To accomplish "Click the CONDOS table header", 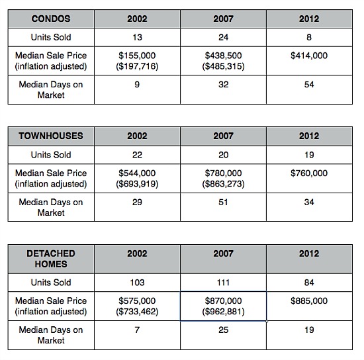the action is pos(51,19).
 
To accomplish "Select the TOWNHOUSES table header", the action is pos(51,136).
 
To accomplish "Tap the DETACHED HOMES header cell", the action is pos(51,259).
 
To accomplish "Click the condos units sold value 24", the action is pos(223,37).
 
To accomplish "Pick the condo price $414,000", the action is pos(309,56).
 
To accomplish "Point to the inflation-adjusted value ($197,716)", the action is pos(137,66).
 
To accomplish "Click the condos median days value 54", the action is pos(309,85).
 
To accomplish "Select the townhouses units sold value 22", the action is pos(137,155).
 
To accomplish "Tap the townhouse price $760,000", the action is pos(309,173).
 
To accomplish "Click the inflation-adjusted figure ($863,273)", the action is pos(223,184).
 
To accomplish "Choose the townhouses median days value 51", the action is pos(223,202).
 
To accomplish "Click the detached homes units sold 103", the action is pos(137,283).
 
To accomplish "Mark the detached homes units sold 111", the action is pos(223,283).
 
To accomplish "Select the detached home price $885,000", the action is pos(309,301).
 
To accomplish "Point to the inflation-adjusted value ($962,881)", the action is pos(223,312).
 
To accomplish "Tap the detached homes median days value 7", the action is pos(137,330).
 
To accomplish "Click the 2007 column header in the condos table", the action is pos(223,19).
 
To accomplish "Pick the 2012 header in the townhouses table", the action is pos(309,136).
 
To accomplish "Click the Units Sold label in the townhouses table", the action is pos(51,155).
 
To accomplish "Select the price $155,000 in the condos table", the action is pos(137,56).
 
